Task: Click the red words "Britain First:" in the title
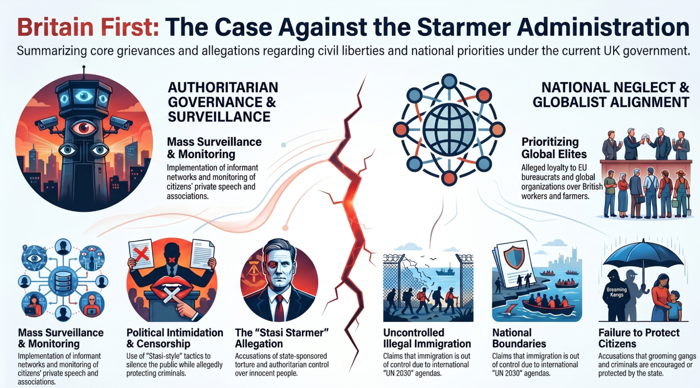pos(88,27)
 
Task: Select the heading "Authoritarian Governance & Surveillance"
pos(223,102)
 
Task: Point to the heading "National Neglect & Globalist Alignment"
pos(611,95)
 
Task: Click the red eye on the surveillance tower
pos(84,128)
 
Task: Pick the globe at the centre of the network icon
pos(449,129)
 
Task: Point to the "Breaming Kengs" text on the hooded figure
pos(617,292)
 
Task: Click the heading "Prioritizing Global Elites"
pos(554,148)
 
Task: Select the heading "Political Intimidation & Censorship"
pos(175,338)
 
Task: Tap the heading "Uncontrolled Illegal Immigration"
pos(427,338)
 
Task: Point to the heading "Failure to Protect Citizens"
pos(639,338)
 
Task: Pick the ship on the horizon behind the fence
pos(445,271)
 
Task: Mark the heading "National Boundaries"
pos(519,338)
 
